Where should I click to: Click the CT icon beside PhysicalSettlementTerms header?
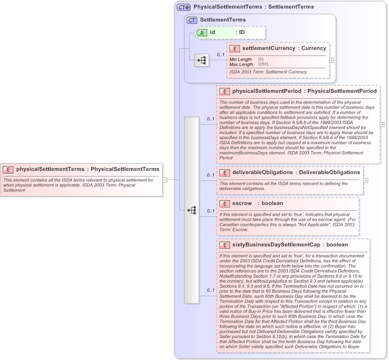pos(184,7)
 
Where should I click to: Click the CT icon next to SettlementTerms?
pos(192,20)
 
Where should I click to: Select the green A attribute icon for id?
pos(202,32)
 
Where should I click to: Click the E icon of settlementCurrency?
pos(235,49)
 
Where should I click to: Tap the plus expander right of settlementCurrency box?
pos(332,60)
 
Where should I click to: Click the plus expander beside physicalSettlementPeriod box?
pos(382,125)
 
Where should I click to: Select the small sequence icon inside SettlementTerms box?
pos(201,60)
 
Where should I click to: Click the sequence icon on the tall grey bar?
pos(192,210)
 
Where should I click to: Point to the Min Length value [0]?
pos(260,59)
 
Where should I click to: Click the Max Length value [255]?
pos(263,64)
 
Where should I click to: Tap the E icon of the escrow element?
pos(225,203)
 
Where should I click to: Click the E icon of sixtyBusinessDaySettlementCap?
pos(225,245)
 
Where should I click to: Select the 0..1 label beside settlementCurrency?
pos(220,55)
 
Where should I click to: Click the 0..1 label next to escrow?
pos(210,211)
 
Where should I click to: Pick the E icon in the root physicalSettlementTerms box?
pos(8,170)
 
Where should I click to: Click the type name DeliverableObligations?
pos(329,172)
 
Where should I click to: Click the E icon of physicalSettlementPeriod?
pos(225,92)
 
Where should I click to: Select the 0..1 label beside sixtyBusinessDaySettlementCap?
pos(210,290)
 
